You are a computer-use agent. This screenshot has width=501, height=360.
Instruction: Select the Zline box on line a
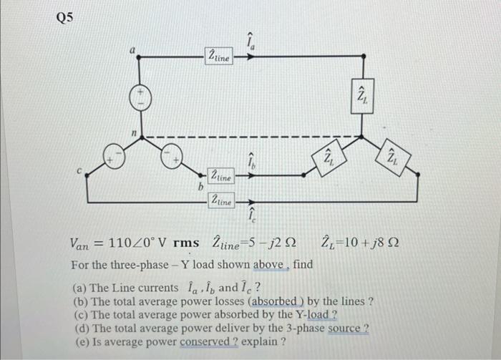tap(219, 56)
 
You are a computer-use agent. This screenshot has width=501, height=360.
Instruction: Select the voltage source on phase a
tap(140, 99)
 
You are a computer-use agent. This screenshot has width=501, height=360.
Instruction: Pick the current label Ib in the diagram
tap(250, 164)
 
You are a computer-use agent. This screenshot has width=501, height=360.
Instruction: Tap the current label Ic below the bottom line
tap(251, 214)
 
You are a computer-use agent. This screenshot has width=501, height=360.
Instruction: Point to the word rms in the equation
tap(186, 243)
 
